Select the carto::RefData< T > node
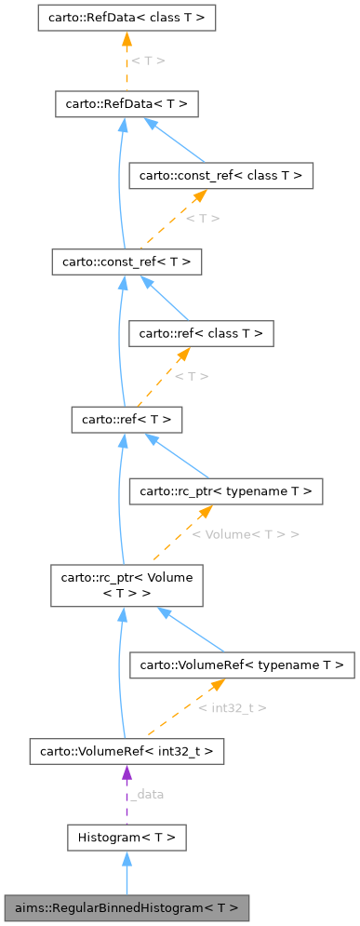pos(126,104)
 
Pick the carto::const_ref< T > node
pos(126,262)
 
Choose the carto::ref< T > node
pos(126,420)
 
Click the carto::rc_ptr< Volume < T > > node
pos(126,584)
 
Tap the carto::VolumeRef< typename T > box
pos(242,664)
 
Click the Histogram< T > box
pos(126,838)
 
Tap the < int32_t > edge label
pos(233,708)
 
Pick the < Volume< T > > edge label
pos(246,534)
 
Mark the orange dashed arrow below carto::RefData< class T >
pos(126,60)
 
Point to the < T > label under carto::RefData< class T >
pos(148,60)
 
